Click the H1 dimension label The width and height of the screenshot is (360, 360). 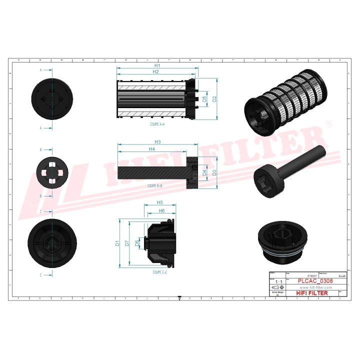(x=156, y=65)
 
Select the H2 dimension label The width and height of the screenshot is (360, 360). (x=155, y=72)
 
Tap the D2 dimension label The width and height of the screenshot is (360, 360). (x=214, y=99)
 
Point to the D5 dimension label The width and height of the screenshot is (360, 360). (x=204, y=99)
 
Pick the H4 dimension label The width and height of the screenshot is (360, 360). (x=151, y=149)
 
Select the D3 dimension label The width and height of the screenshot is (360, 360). (x=214, y=173)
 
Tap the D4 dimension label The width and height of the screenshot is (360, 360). (x=204, y=173)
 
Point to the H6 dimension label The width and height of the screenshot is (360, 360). (x=162, y=211)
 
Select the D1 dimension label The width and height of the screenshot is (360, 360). (x=117, y=243)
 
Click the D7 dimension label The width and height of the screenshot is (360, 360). (x=127, y=243)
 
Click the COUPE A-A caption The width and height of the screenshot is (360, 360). (x=157, y=123)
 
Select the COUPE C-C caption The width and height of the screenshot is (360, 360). (x=160, y=272)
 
